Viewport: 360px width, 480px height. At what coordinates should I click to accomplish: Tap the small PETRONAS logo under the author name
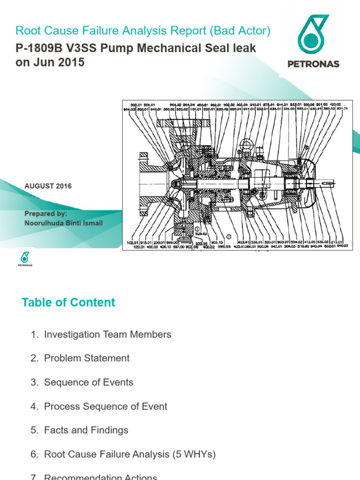(25, 259)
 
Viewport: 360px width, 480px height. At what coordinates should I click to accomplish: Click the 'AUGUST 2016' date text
(48, 186)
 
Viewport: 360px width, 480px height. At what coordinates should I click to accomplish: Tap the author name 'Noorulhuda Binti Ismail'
(63, 223)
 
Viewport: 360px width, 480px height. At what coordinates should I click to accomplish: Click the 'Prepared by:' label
(45, 214)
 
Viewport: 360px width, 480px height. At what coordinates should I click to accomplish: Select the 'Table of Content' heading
(68, 302)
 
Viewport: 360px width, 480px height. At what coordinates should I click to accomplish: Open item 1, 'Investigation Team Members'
(107, 335)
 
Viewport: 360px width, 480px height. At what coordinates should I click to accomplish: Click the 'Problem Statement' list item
(87, 358)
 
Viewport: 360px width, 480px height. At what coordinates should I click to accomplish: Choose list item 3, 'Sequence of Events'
(89, 382)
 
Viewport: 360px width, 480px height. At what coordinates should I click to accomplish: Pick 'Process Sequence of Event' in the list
(105, 406)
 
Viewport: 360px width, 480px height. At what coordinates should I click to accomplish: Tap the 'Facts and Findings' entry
(86, 430)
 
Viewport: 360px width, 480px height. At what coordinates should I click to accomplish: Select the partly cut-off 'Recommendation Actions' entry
(100, 477)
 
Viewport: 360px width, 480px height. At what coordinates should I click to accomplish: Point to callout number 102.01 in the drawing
(133, 242)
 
